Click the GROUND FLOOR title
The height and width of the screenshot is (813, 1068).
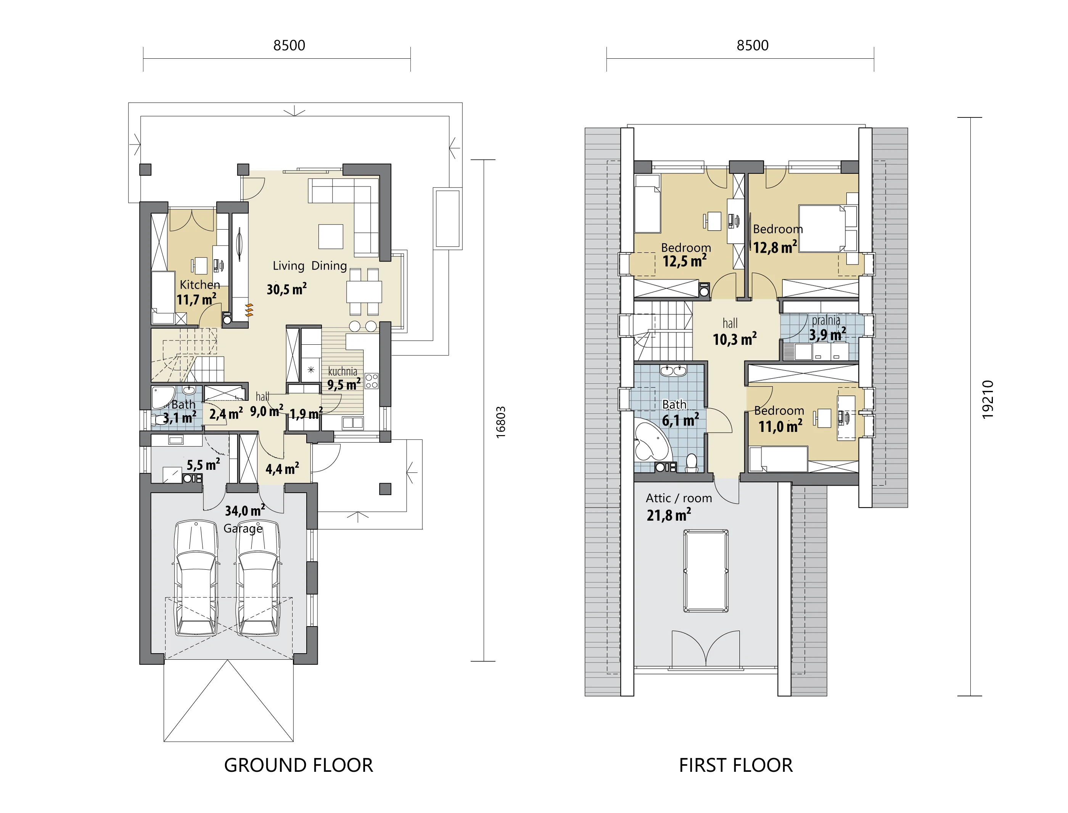[x=299, y=765]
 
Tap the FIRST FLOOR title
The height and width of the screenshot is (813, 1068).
[x=735, y=765]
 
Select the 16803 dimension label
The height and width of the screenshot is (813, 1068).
[x=501, y=423]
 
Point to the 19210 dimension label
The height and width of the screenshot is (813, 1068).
[x=988, y=399]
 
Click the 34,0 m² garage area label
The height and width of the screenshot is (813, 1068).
[x=245, y=511]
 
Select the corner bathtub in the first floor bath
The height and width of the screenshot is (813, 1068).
[x=652, y=442]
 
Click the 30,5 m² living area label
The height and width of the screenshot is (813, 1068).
[x=286, y=289]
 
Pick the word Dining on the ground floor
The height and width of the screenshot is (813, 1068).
[x=329, y=266]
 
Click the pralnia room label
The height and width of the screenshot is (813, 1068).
[x=826, y=320]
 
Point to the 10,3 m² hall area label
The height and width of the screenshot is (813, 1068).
[x=735, y=339]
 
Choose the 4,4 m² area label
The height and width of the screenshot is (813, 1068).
[x=282, y=468]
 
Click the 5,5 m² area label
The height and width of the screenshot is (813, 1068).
[x=203, y=464]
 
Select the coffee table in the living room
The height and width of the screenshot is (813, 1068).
[x=331, y=237]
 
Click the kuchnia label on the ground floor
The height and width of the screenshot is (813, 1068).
[x=343, y=371]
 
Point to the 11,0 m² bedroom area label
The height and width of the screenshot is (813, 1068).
[x=780, y=426]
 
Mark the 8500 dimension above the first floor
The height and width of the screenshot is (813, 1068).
[x=753, y=45]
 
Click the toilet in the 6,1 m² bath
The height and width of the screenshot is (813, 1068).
[x=691, y=463]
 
